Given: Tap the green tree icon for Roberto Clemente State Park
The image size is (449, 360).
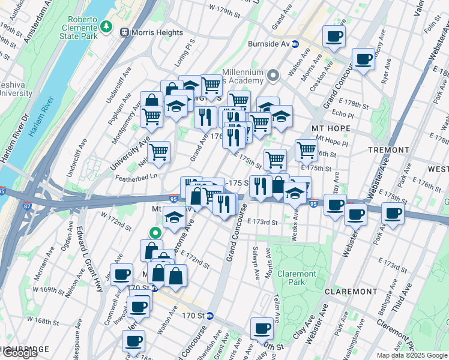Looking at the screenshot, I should [x=106, y=26].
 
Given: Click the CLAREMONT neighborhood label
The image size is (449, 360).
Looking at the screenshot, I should [x=350, y=291].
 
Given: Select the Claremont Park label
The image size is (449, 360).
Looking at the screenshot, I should [x=297, y=278].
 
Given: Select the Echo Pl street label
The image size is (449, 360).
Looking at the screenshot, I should [x=342, y=114].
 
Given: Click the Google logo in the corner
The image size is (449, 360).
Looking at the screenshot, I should [x=19, y=353].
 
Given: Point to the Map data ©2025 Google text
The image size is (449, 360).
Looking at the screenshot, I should [x=412, y=355].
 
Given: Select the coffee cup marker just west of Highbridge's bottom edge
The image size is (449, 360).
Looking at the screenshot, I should [x=133, y=341].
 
